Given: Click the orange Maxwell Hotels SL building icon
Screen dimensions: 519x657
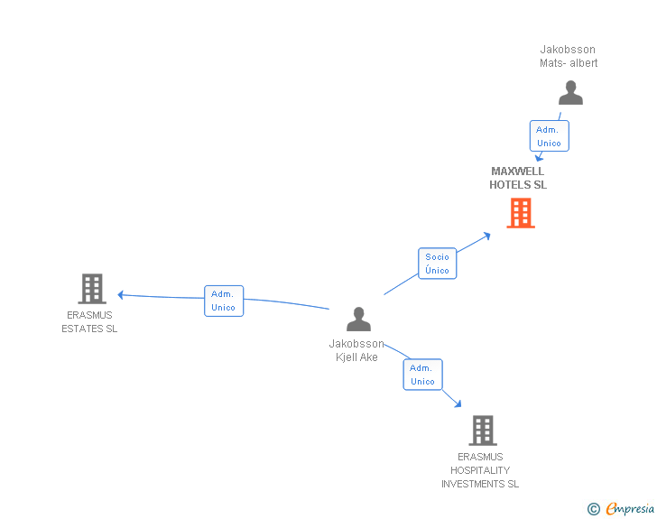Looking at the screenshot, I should [521, 214].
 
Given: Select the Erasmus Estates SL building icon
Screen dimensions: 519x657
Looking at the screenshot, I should [91, 289].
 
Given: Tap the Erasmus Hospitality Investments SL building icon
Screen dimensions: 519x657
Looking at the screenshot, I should [482, 431].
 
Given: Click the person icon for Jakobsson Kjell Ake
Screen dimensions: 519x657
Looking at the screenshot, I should [358, 320].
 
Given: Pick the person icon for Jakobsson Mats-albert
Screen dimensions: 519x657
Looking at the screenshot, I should [570, 93].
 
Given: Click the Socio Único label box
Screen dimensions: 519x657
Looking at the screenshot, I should [437, 264].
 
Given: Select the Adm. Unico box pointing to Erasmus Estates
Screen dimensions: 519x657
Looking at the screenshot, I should [223, 301].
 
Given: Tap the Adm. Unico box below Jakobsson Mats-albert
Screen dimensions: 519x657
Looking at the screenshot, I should [549, 136].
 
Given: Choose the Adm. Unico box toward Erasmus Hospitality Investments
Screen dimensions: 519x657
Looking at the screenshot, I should [422, 375].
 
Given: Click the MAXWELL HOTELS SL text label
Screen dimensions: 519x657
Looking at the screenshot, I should [518, 178].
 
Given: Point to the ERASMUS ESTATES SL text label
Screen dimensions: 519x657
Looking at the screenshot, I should [89, 322].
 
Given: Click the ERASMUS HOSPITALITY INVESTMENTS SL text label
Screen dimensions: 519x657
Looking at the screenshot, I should [480, 470].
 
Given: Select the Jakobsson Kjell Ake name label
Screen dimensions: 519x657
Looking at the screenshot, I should [356, 350].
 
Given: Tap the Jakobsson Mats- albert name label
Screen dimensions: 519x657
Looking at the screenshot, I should [569, 56].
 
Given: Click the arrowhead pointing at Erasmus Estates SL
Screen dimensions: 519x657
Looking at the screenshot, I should [121, 294].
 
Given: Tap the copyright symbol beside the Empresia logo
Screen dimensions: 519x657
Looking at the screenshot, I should [593, 509].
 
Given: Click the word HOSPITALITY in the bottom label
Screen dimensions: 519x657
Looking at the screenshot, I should [480, 470].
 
